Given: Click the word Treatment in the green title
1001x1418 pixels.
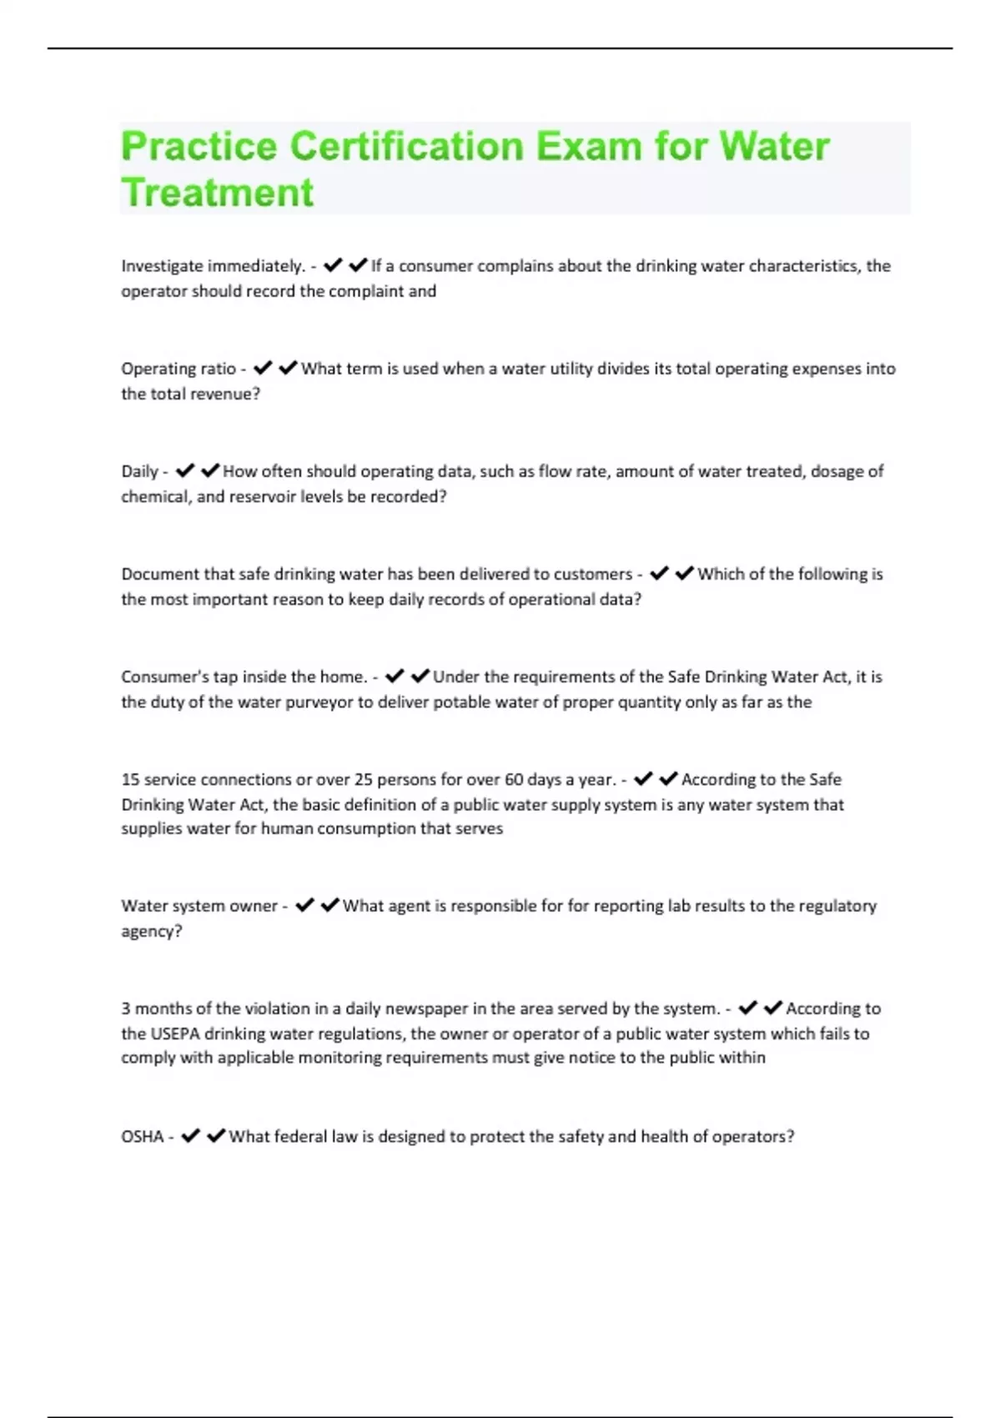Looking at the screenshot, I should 218,193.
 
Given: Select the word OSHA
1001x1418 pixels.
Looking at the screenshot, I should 142,1137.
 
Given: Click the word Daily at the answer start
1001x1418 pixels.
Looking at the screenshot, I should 139,471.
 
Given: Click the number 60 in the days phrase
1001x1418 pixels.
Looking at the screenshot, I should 514,780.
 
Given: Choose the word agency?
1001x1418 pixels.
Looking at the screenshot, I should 152,932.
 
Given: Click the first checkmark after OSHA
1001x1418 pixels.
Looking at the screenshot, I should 190,1136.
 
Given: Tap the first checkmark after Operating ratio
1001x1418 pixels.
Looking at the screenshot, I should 263,368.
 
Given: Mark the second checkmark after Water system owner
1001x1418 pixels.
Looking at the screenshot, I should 330,905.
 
